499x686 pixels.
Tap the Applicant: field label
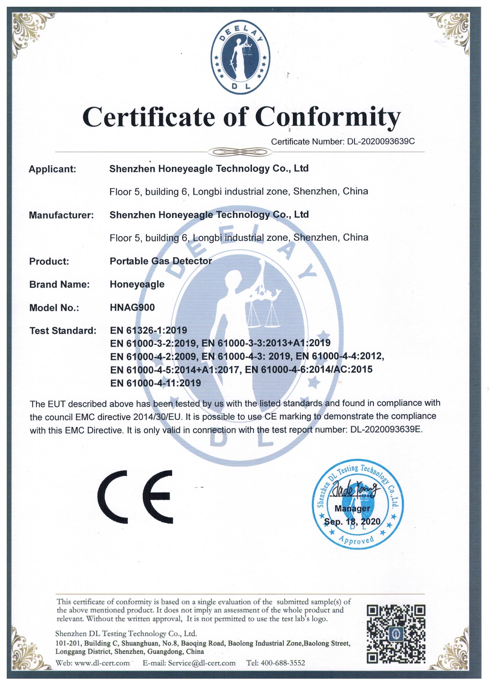pos(52,169)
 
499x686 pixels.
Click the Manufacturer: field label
pos(61,215)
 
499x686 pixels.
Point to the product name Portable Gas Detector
pos(161,261)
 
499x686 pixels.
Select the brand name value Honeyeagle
pos(137,284)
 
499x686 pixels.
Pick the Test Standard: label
pos(63,331)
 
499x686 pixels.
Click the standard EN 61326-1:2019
pos(149,330)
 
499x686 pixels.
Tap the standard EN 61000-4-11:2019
pos(156,383)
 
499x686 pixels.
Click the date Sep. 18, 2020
pos(352,521)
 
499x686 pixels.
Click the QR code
pos(396,635)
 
